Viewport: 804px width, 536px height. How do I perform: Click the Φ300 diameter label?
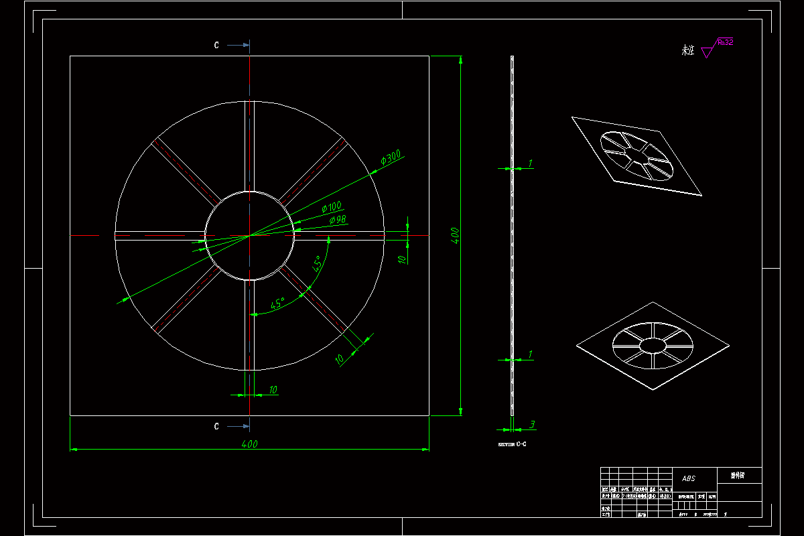pyautogui.click(x=390, y=158)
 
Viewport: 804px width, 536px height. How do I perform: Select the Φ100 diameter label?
pyautogui.click(x=332, y=207)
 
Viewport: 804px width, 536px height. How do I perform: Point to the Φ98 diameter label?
pyautogui.click(x=337, y=220)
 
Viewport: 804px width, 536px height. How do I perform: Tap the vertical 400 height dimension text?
pyautogui.click(x=455, y=236)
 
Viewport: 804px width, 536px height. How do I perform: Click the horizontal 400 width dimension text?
pyautogui.click(x=249, y=444)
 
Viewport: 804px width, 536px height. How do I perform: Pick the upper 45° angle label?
pyautogui.click(x=317, y=263)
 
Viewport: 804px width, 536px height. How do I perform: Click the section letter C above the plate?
pyautogui.click(x=216, y=46)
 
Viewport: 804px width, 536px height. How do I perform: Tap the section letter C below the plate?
pyautogui.click(x=216, y=426)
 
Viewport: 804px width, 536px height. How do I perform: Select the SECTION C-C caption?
pyautogui.click(x=511, y=444)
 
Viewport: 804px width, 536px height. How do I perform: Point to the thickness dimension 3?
pyautogui.click(x=531, y=424)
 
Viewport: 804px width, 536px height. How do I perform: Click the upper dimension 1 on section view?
pyautogui.click(x=530, y=163)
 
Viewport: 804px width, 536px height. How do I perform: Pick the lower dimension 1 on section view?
pyautogui.click(x=530, y=354)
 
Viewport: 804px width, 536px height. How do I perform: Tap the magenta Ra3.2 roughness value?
pyautogui.click(x=724, y=42)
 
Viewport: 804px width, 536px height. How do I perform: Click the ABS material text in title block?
pyautogui.click(x=689, y=478)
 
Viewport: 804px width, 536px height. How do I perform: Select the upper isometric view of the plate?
pyautogui.click(x=637, y=156)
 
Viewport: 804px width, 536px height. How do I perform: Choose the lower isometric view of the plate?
pyautogui.click(x=652, y=345)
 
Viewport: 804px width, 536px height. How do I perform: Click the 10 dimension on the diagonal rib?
pyautogui.click(x=340, y=359)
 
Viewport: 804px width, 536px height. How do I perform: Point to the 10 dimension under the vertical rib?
pyautogui.click(x=273, y=389)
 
